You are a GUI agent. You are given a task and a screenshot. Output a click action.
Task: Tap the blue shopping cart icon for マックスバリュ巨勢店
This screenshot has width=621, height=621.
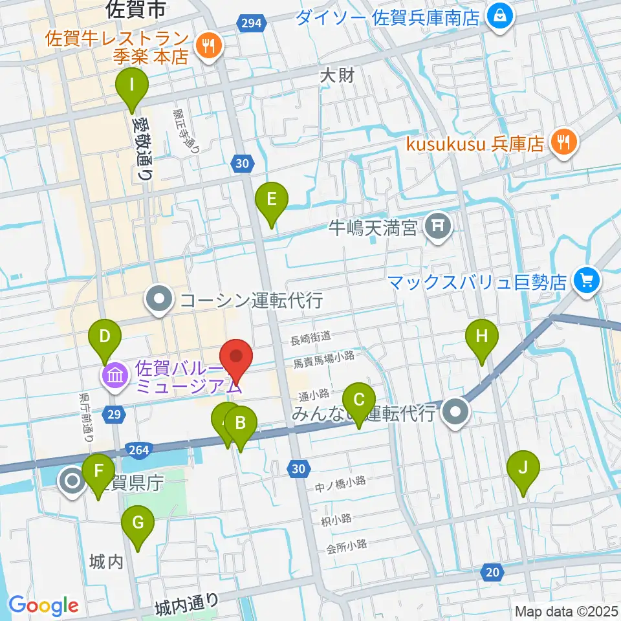pyautogui.click(x=587, y=281)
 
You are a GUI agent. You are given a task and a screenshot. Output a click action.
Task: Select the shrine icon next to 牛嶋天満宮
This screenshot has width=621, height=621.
pyautogui.click(x=439, y=226)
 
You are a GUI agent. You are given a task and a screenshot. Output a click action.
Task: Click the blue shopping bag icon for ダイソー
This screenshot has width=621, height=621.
pyautogui.click(x=499, y=14)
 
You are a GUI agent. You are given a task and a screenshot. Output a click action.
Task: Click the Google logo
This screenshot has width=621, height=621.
pyautogui.click(x=43, y=605)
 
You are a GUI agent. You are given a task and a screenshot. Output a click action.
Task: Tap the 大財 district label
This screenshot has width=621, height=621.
pyautogui.click(x=337, y=76)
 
